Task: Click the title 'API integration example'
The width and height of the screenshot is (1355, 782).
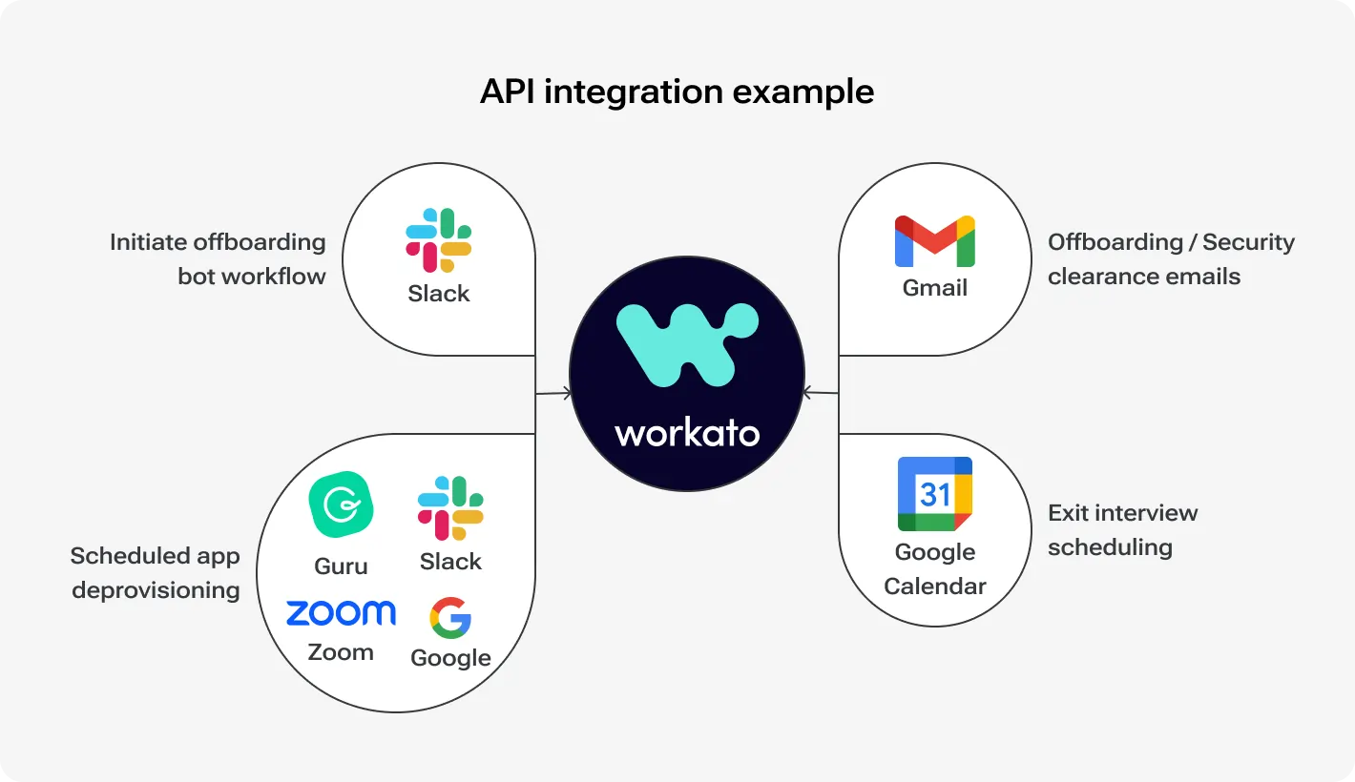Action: pyautogui.click(x=677, y=92)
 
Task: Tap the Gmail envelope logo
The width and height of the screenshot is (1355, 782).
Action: pyautogui.click(x=934, y=241)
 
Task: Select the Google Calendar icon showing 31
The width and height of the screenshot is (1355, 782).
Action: pyautogui.click(x=934, y=494)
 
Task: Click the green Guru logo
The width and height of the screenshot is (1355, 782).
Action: pyautogui.click(x=341, y=504)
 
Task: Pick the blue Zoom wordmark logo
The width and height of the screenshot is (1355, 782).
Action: pyautogui.click(x=341, y=612)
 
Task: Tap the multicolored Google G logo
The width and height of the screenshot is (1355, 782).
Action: pyautogui.click(x=450, y=618)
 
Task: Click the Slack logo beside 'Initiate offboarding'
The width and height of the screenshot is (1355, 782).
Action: pyautogui.click(x=439, y=240)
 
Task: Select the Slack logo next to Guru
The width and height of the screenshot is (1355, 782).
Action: pyautogui.click(x=450, y=508)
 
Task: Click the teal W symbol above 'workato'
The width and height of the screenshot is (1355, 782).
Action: pyautogui.click(x=687, y=343)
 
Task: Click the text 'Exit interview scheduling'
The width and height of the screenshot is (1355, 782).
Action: pyautogui.click(x=1122, y=530)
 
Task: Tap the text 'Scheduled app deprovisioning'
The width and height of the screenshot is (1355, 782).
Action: pyautogui.click(x=156, y=573)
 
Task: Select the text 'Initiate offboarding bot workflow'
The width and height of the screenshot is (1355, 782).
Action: pyautogui.click(x=218, y=259)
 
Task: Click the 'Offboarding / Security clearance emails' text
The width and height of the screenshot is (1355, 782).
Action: pyautogui.click(x=1171, y=259)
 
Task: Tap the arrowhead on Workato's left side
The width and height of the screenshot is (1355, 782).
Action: pyautogui.click(x=568, y=393)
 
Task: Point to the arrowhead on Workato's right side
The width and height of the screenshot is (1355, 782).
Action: pyautogui.click(x=806, y=392)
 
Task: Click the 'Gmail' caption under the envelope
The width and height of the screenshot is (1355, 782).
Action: pyautogui.click(x=934, y=288)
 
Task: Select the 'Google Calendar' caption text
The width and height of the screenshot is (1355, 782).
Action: pyautogui.click(x=934, y=569)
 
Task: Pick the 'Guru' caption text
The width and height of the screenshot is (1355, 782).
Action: pyautogui.click(x=341, y=566)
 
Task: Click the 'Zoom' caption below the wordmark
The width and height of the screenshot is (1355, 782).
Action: pyautogui.click(x=341, y=653)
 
